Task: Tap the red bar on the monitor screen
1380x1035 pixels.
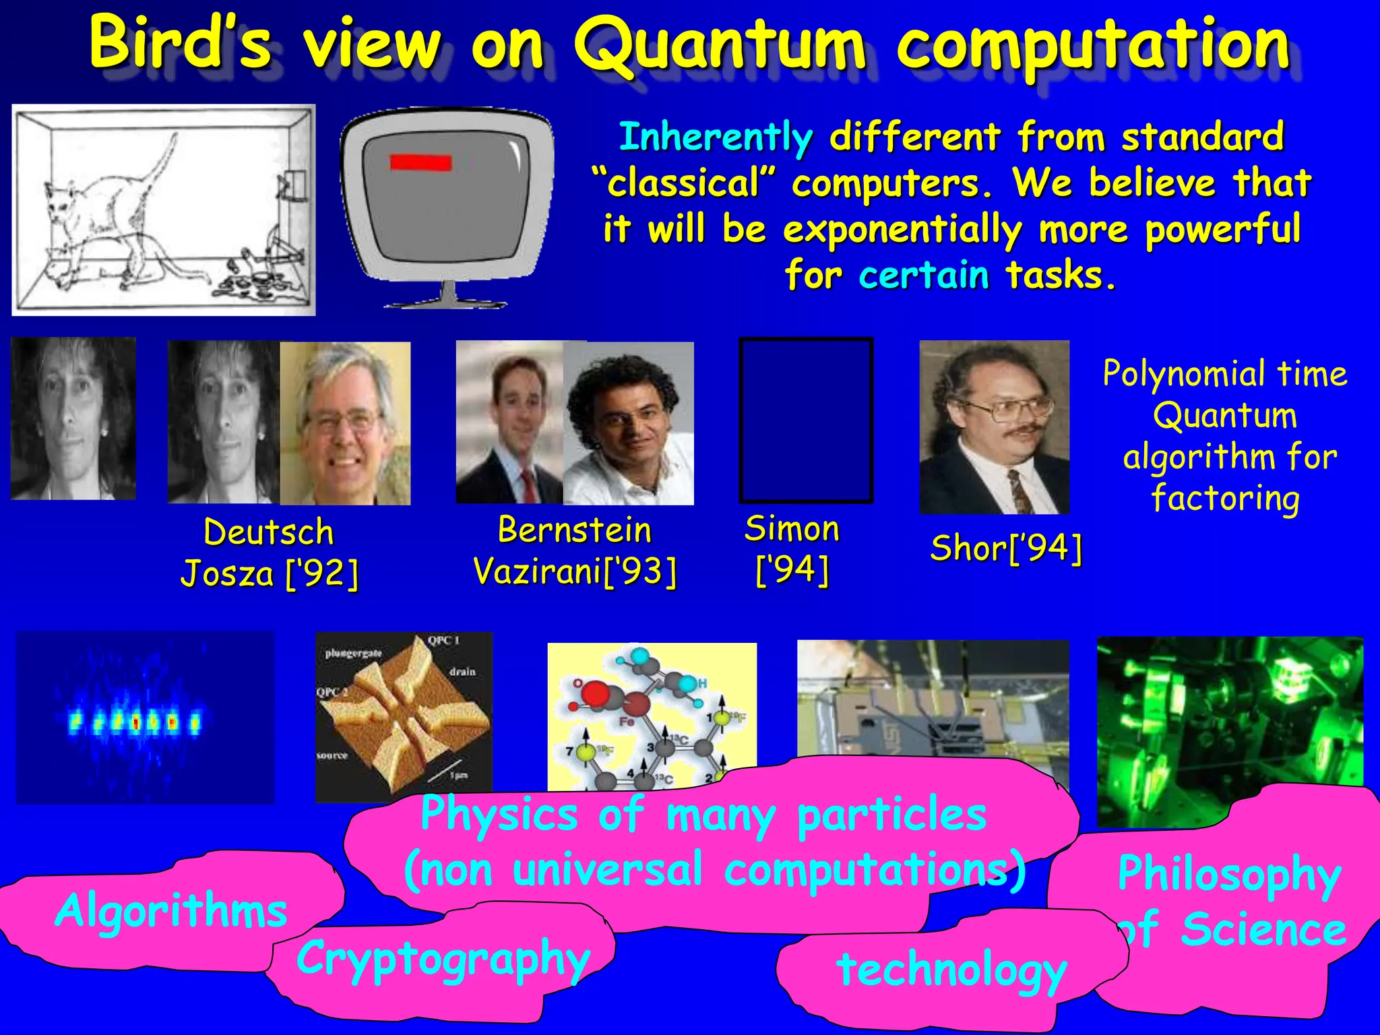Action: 420,162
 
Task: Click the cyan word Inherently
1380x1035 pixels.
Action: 716,137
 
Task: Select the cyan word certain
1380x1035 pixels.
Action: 923,276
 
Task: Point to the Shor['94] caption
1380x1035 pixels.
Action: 1006,547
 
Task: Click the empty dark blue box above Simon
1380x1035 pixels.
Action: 806,420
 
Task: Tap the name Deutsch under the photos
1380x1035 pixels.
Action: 268,532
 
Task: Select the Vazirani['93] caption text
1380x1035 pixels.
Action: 575,571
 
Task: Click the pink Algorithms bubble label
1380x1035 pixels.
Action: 171,910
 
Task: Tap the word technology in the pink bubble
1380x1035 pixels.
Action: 951,970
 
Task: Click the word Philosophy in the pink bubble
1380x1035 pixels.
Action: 1229,875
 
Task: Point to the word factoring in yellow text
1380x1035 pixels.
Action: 1225,499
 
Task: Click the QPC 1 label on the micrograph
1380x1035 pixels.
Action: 443,640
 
